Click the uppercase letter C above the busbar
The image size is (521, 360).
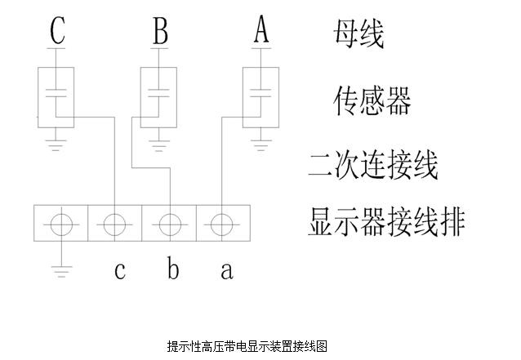point(57,30)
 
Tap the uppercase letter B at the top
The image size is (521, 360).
point(160,30)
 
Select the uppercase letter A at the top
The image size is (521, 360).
point(261,29)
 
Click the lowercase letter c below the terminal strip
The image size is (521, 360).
point(120,270)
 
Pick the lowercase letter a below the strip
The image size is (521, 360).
point(227,270)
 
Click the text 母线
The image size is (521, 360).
point(358,33)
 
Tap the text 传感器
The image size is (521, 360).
point(372,100)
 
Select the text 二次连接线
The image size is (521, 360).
point(373,165)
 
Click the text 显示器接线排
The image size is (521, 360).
point(386,222)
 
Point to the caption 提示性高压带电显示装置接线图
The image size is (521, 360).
point(247,346)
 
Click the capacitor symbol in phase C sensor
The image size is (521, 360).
point(56,93)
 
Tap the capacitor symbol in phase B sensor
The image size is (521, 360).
point(158,93)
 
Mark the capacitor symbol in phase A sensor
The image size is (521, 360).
point(260,93)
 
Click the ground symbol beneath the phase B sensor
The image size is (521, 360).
point(158,146)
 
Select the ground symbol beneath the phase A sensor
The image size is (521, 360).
point(260,146)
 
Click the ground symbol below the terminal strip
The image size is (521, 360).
point(61,271)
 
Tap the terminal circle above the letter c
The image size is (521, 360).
point(114,224)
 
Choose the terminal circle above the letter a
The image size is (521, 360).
point(221,224)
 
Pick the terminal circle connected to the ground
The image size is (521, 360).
point(61,224)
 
